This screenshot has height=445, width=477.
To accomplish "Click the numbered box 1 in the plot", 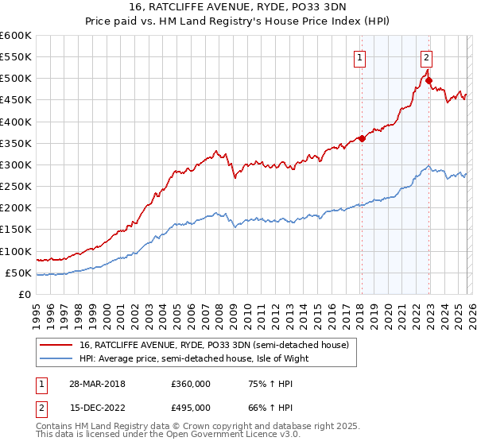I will click(360, 56).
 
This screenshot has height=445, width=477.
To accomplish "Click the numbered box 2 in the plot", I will click(427, 56).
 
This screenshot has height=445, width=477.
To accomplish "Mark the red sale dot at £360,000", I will click(362, 138).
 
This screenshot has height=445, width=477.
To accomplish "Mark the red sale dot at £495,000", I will click(429, 80).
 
